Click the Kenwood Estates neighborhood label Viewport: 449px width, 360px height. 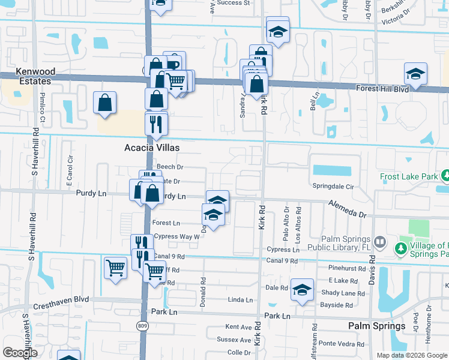(x=28, y=76)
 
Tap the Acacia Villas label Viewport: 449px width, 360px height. (x=152, y=147)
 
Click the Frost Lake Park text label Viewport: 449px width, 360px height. (x=409, y=178)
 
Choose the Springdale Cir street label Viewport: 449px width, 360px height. (x=333, y=187)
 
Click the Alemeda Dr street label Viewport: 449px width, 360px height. (x=347, y=209)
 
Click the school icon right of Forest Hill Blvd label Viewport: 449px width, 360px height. (x=415, y=73)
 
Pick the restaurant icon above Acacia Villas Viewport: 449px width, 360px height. (x=156, y=124)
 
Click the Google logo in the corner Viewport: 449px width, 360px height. (x=20, y=353)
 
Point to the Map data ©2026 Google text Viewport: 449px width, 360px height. (x=411, y=355)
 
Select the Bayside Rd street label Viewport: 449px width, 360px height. (x=336, y=305)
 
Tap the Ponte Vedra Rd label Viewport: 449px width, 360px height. (x=340, y=343)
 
